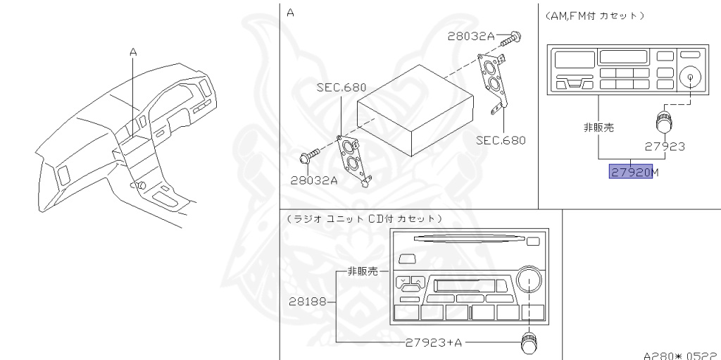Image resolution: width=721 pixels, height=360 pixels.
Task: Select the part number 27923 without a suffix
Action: click(665, 148)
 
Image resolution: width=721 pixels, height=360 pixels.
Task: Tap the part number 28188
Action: click(307, 302)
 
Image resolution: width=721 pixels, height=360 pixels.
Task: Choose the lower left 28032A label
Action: click(314, 180)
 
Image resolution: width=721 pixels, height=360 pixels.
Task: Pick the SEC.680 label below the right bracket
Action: click(501, 140)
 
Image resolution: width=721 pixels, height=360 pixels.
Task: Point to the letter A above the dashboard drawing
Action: click(132, 51)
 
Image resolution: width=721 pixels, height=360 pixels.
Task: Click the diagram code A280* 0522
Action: click(680, 355)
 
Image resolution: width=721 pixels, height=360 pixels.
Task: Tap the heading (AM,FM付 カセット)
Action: click(596, 15)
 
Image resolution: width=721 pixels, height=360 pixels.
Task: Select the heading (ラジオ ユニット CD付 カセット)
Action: click(365, 218)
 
